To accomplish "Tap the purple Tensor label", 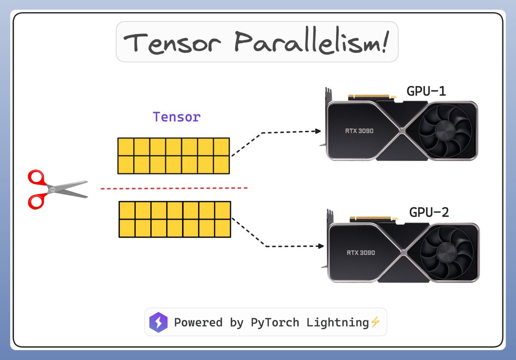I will tap(177, 117).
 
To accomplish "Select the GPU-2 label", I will tap(429, 212).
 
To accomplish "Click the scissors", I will tap(56, 189).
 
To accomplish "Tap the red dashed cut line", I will tap(174, 188).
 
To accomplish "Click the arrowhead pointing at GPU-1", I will tap(319, 131).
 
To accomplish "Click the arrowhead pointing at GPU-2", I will tap(320, 246).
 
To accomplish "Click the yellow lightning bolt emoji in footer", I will tap(375, 322).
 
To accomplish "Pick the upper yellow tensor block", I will tap(174, 156).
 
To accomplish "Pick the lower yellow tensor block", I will tap(175, 220).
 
